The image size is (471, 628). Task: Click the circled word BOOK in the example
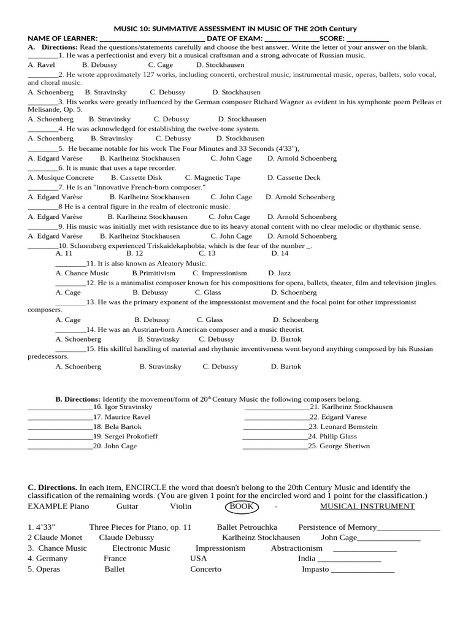pyautogui.click(x=242, y=507)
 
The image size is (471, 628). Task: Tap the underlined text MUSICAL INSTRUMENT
pyautogui.click(x=367, y=507)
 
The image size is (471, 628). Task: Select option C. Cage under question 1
pyautogui.click(x=160, y=64)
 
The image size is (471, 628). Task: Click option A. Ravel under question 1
pyautogui.click(x=42, y=64)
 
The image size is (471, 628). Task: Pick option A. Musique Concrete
pyautogui.click(x=61, y=177)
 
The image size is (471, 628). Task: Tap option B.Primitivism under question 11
pyautogui.click(x=153, y=273)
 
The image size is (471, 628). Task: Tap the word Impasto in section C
pyautogui.click(x=315, y=569)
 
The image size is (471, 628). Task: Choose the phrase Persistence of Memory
pyautogui.click(x=337, y=527)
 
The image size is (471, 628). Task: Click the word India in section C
pyautogui.click(x=307, y=558)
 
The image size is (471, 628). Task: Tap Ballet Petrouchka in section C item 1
pyautogui.click(x=247, y=527)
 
